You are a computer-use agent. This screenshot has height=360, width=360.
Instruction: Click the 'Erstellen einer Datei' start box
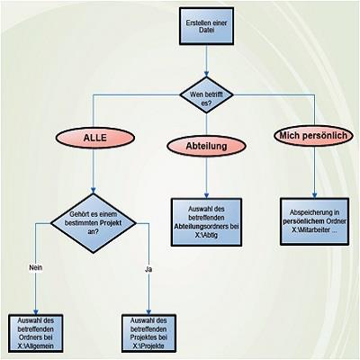(x=206, y=26)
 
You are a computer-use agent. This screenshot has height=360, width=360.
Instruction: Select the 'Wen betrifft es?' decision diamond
(x=206, y=94)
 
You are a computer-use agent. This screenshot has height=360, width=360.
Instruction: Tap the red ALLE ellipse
(x=94, y=138)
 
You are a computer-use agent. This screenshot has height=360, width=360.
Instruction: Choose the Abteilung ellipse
(x=206, y=146)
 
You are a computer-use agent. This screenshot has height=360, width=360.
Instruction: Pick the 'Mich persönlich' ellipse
(x=313, y=136)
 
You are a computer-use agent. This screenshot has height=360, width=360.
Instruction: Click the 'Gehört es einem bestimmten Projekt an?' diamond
(x=94, y=223)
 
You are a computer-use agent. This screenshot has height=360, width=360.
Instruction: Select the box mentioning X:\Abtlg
(x=206, y=222)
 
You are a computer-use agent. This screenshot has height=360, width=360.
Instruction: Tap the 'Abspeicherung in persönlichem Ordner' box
(x=314, y=221)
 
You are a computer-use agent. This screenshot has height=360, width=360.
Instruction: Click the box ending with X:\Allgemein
(x=36, y=333)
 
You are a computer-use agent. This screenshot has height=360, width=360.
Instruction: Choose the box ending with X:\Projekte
(x=148, y=333)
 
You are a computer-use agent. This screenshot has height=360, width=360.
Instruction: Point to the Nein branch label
(x=36, y=267)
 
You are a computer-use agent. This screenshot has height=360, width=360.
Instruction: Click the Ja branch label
(x=148, y=269)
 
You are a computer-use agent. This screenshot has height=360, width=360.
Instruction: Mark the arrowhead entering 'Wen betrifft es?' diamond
(x=206, y=74)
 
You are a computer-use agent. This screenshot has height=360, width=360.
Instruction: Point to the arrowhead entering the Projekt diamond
(x=94, y=191)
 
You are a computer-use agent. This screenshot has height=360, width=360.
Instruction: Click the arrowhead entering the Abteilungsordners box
(x=206, y=195)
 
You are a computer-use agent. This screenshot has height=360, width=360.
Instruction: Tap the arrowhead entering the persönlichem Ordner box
(x=314, y=195)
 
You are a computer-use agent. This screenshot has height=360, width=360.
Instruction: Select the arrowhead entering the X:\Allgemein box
(x=36, y=311)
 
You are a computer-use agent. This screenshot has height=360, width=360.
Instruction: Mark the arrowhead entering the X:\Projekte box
(x=148, y=311)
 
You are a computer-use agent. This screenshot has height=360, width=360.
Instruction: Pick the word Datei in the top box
(x=206, y=31)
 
